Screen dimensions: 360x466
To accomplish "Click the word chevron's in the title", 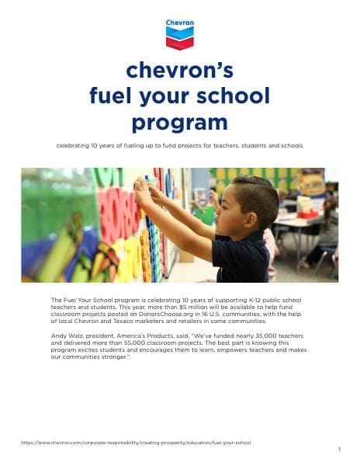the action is pyautogui.click(x=179, y=71).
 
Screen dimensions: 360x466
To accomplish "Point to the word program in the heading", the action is pyautogui.click(x=179, y=123).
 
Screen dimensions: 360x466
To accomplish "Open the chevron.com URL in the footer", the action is pyautogui.click(x=136, y=442).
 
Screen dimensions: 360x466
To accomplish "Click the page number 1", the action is pyautogui.click(x=339, y=450).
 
